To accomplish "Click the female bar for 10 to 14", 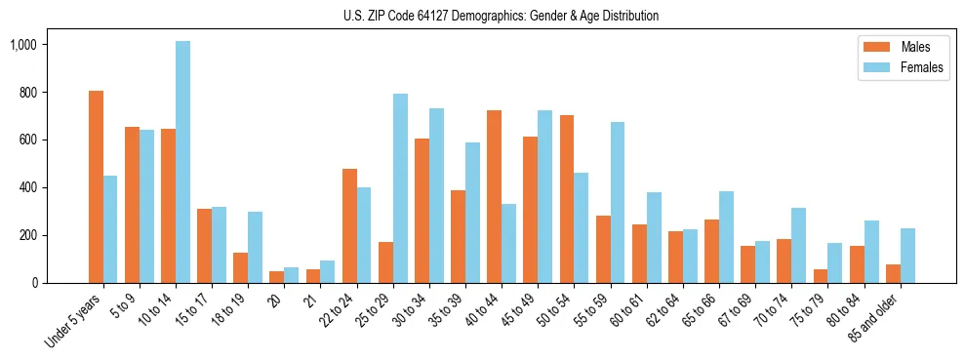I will tap(182, 162).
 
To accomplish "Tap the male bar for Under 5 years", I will tap(96, 186).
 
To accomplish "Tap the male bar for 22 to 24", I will tap(349, 225).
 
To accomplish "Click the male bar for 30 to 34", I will tap(422, 211).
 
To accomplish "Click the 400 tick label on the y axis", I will tap(26, 187).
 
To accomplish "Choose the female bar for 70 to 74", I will tap(798, 245).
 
